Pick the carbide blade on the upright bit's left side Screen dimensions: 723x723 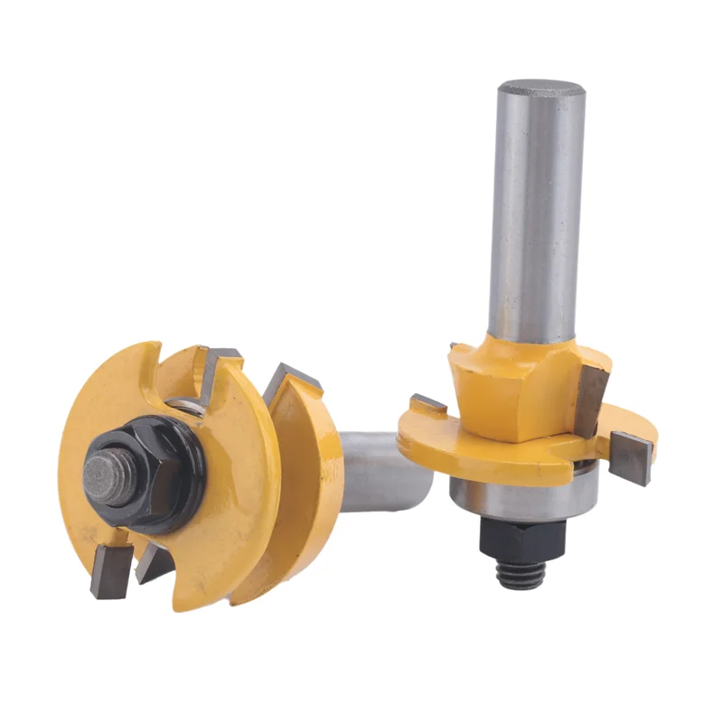pyautogui.click(x=427, y=404)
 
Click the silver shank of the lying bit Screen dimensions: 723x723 pyautogui.click(x=380, y=470)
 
